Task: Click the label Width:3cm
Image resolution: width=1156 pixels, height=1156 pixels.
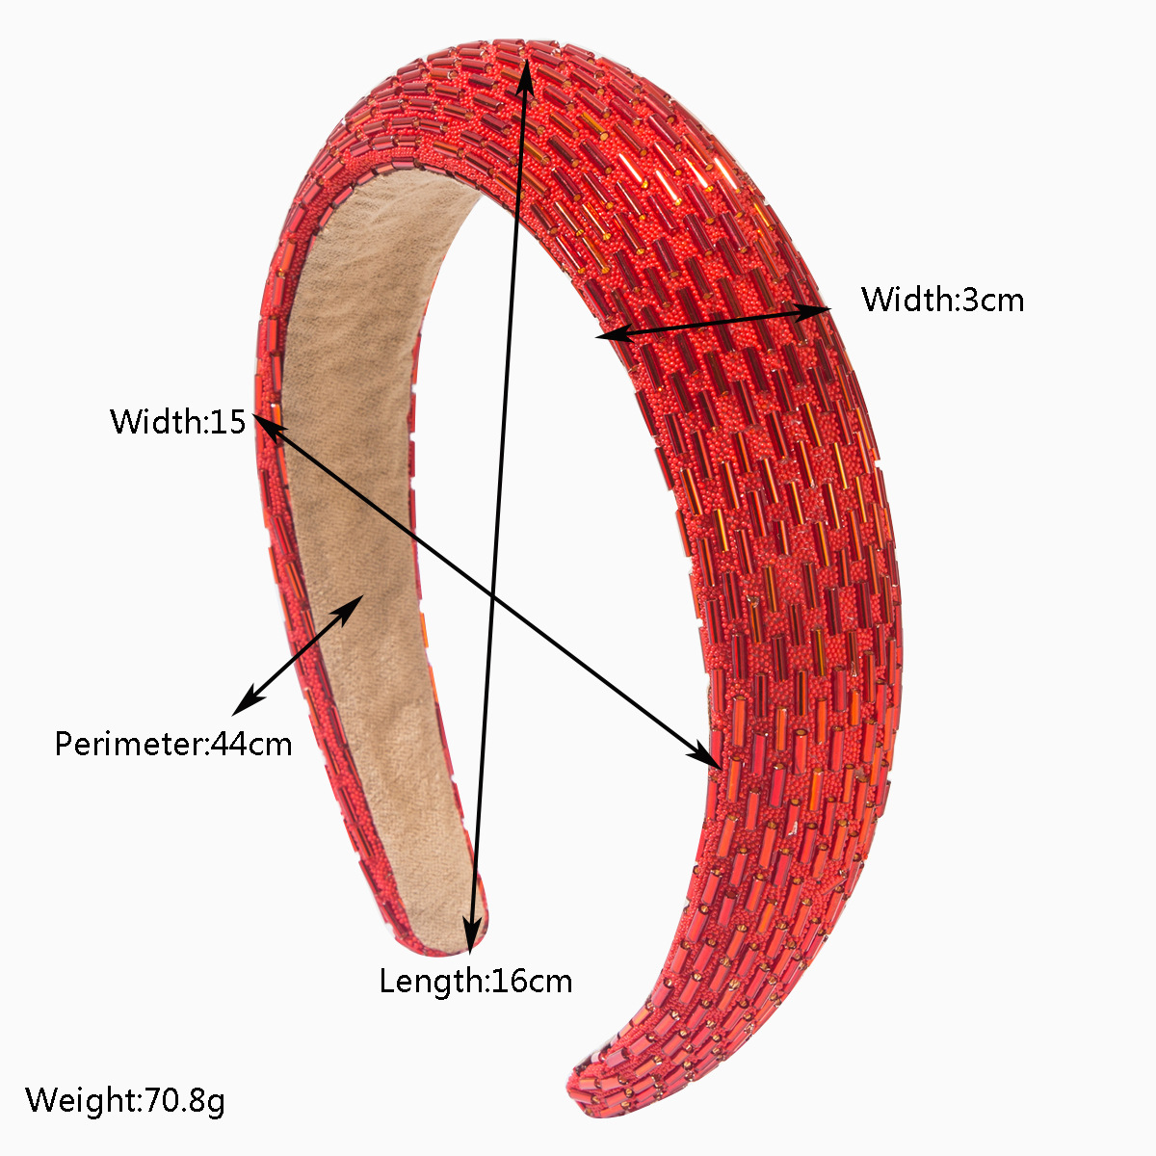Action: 942,300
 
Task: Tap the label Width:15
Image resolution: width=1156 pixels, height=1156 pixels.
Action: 178,421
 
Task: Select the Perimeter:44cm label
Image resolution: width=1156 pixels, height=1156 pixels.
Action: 172,744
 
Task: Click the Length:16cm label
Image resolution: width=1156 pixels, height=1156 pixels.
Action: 475,981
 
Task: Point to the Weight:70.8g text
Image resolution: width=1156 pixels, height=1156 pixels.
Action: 125,1099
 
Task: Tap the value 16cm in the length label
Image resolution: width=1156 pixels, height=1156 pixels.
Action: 532,981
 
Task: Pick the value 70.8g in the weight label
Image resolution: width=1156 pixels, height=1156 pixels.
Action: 185,1099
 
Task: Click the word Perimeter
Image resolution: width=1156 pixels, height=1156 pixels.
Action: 129,744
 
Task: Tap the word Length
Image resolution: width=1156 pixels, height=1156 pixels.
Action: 431,981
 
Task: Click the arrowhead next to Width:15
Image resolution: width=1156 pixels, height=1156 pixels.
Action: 263,424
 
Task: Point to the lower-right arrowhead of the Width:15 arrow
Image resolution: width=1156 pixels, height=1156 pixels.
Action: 708,757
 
